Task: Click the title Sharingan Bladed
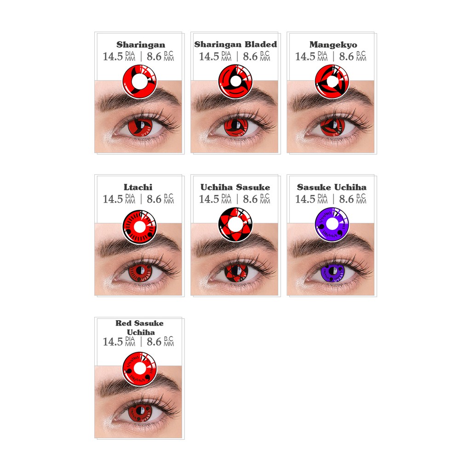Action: pos(235,45)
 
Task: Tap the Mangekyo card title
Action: pos(333,45)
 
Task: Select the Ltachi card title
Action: pos(138,187)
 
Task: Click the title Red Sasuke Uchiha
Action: pos(139,327)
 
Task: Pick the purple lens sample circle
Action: pos(332,225)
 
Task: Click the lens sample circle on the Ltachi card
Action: pos(139,225)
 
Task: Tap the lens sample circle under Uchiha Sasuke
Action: pos(235,225)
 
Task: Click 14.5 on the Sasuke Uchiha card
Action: pos(305,199)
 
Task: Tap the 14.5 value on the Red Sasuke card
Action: pos(113,342)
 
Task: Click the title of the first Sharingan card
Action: pos(140,45)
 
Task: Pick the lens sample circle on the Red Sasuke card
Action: pos(139,368)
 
